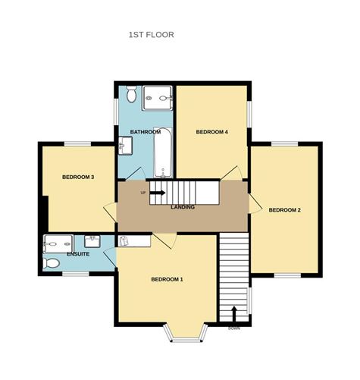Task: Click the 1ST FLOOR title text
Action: click(152, 35)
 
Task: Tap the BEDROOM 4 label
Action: click(212, 132)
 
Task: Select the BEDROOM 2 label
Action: click(284, 210)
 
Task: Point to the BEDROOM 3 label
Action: click(78, 177)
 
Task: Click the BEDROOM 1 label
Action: click(167, 279)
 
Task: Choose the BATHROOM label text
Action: click(146, 132)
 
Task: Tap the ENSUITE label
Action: click(78, 254)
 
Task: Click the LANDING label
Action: click(183, 207)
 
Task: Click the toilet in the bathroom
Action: click(131, 94)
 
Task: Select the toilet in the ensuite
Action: click(52, 263)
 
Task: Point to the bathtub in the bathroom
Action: click(163, 152)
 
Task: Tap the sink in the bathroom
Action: click(125, 146)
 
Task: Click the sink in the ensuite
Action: click(92, 241)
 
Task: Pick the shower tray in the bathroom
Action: click(158, 98)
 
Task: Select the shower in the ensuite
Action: click(58, 244)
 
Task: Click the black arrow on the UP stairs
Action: click(158, 193)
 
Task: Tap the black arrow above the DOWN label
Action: click(234, 314)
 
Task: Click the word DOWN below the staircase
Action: click(234, 328)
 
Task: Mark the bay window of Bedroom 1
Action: click(186, 333)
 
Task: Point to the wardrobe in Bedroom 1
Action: click(134, 241)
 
